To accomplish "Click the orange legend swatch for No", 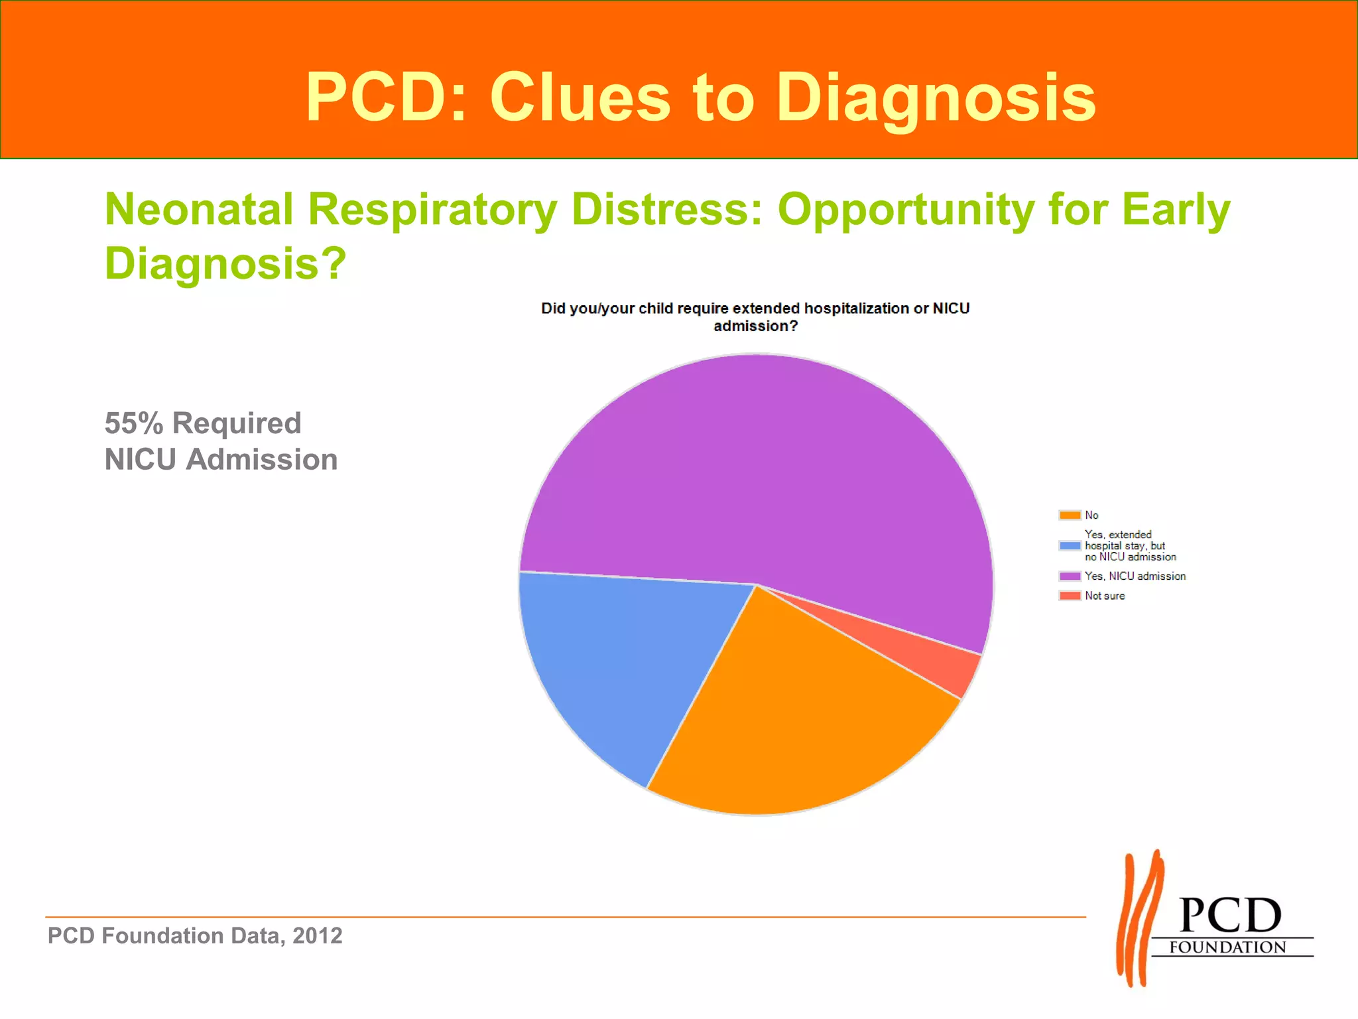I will (x=1070, y=515).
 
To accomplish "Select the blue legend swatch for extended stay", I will (x=1070, y=546).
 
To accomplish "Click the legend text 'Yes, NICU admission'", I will (x=1135, y=577).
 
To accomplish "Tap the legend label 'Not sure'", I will (x=1105, y=596).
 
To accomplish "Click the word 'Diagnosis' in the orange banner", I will (x=936, y=98).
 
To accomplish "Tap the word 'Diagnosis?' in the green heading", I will (x=225, y=263).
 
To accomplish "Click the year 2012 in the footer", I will (x=318, y=936).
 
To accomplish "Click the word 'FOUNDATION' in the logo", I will (x=1227, y=947).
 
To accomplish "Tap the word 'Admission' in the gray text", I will (x=261, y=460).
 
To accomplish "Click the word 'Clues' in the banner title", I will (x=580, y=98).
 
